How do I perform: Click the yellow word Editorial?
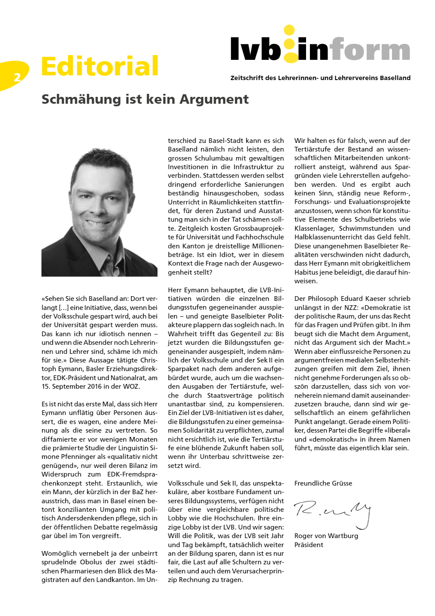point(100,66)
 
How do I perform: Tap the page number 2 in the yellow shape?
point(17,77)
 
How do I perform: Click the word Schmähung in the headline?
point(81,99)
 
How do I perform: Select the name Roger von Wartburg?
point(326,536)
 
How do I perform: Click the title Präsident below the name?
point(309,545)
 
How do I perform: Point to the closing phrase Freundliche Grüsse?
point(323,483)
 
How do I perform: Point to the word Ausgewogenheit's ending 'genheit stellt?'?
point(190,272)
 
